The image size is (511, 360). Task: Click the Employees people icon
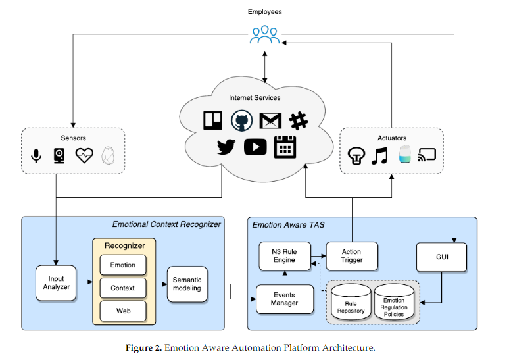[x=264, y=35]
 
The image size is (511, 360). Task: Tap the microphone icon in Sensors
[x=37, y=156]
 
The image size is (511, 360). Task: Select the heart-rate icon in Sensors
[x=84, y=156]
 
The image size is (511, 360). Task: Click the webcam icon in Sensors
[x=59, y=156]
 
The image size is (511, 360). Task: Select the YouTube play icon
[x=255, y=147]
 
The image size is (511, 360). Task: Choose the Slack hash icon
[x=299, y=120]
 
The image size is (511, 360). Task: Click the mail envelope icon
[x=270, y=121]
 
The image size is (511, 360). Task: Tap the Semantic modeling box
[x=187, y=284]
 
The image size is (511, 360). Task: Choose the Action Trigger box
[x=352, y=257]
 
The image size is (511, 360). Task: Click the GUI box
[x=441, y=257]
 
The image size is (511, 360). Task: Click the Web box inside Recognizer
[x=122, y=309]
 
